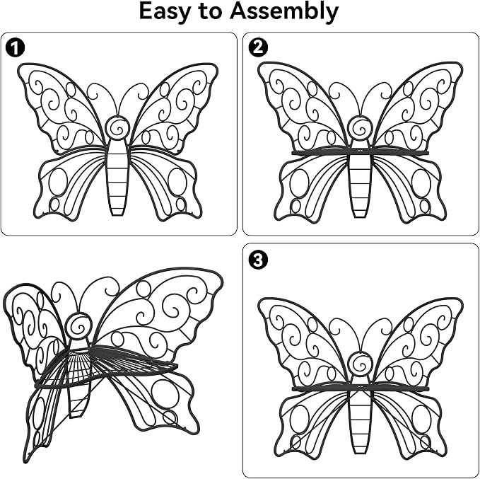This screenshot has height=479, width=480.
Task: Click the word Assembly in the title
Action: pyautogui.click(x=284, y=11)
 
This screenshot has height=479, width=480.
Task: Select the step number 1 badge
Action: pyautogui.click(x=15, y=47)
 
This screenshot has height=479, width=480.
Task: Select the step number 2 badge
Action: pyautogui.click(x=258, y=47)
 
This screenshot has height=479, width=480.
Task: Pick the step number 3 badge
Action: pyautogui.click(x=258, y=260)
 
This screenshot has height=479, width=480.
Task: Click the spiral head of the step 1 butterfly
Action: pyautogui.click(x=117, y=127)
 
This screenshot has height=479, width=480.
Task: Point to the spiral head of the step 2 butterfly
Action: pyautogui.click(x=360, y=127)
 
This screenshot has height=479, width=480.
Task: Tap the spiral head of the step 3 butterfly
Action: pyautogui.click(x=360, y=364)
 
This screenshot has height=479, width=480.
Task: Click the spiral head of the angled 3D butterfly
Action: pyautogui.click(x=79, y=325)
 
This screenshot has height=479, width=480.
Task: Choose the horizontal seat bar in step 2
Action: pyautogui.click(x=360, y=152)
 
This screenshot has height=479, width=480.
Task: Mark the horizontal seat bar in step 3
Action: pyautogui.click(x=360, y=388)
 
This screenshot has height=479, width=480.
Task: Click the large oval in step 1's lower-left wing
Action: pyautogui.click(x=58, y=182)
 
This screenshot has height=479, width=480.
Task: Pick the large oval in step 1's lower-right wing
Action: pyautogui.click(x=177, y=182)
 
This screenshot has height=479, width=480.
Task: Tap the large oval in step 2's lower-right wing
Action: pyautogui.click(x=421, y=183)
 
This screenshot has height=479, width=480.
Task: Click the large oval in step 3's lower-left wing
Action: pyautogui.click(x=300, y=419)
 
